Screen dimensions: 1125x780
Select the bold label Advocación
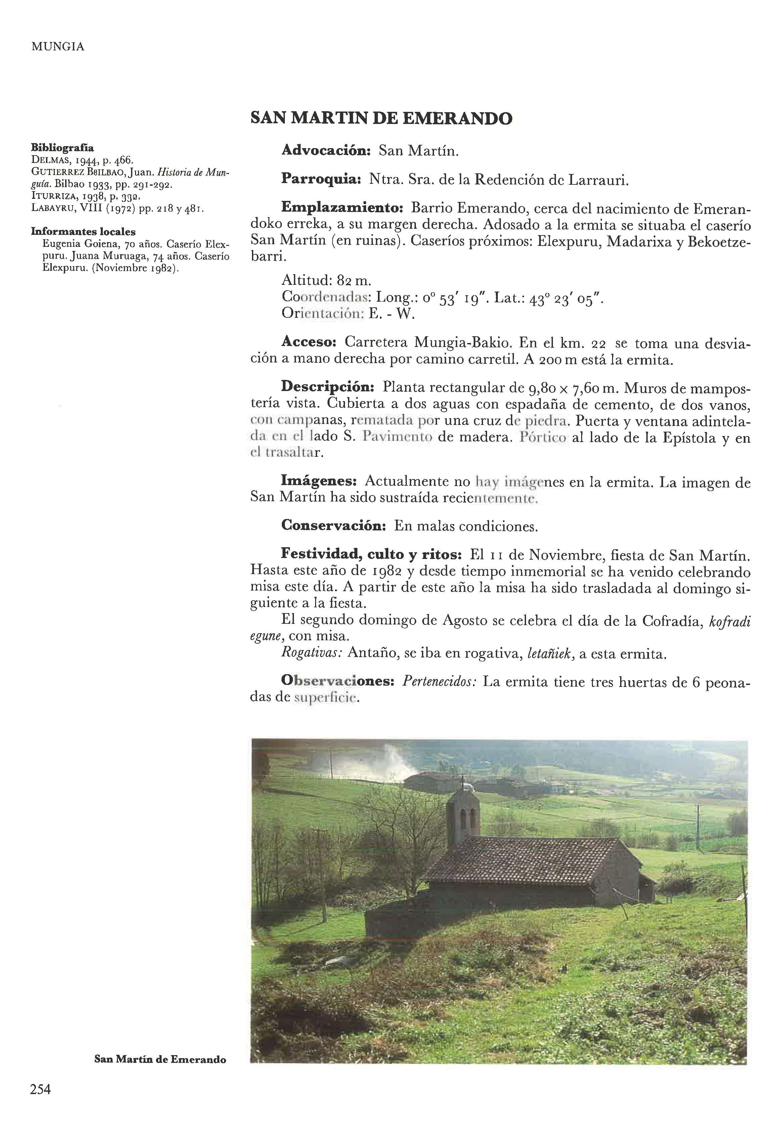click(x=327, y=150)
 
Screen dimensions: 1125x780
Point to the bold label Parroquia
click(x=320, y=179)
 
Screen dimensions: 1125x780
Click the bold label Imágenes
click(x=319, y=481)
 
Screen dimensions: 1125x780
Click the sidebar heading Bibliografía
click(x=62, y=147)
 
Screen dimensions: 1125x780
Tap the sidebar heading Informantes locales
click(x=83, y=232)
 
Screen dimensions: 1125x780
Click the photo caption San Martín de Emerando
click(x=160, y=1059)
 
